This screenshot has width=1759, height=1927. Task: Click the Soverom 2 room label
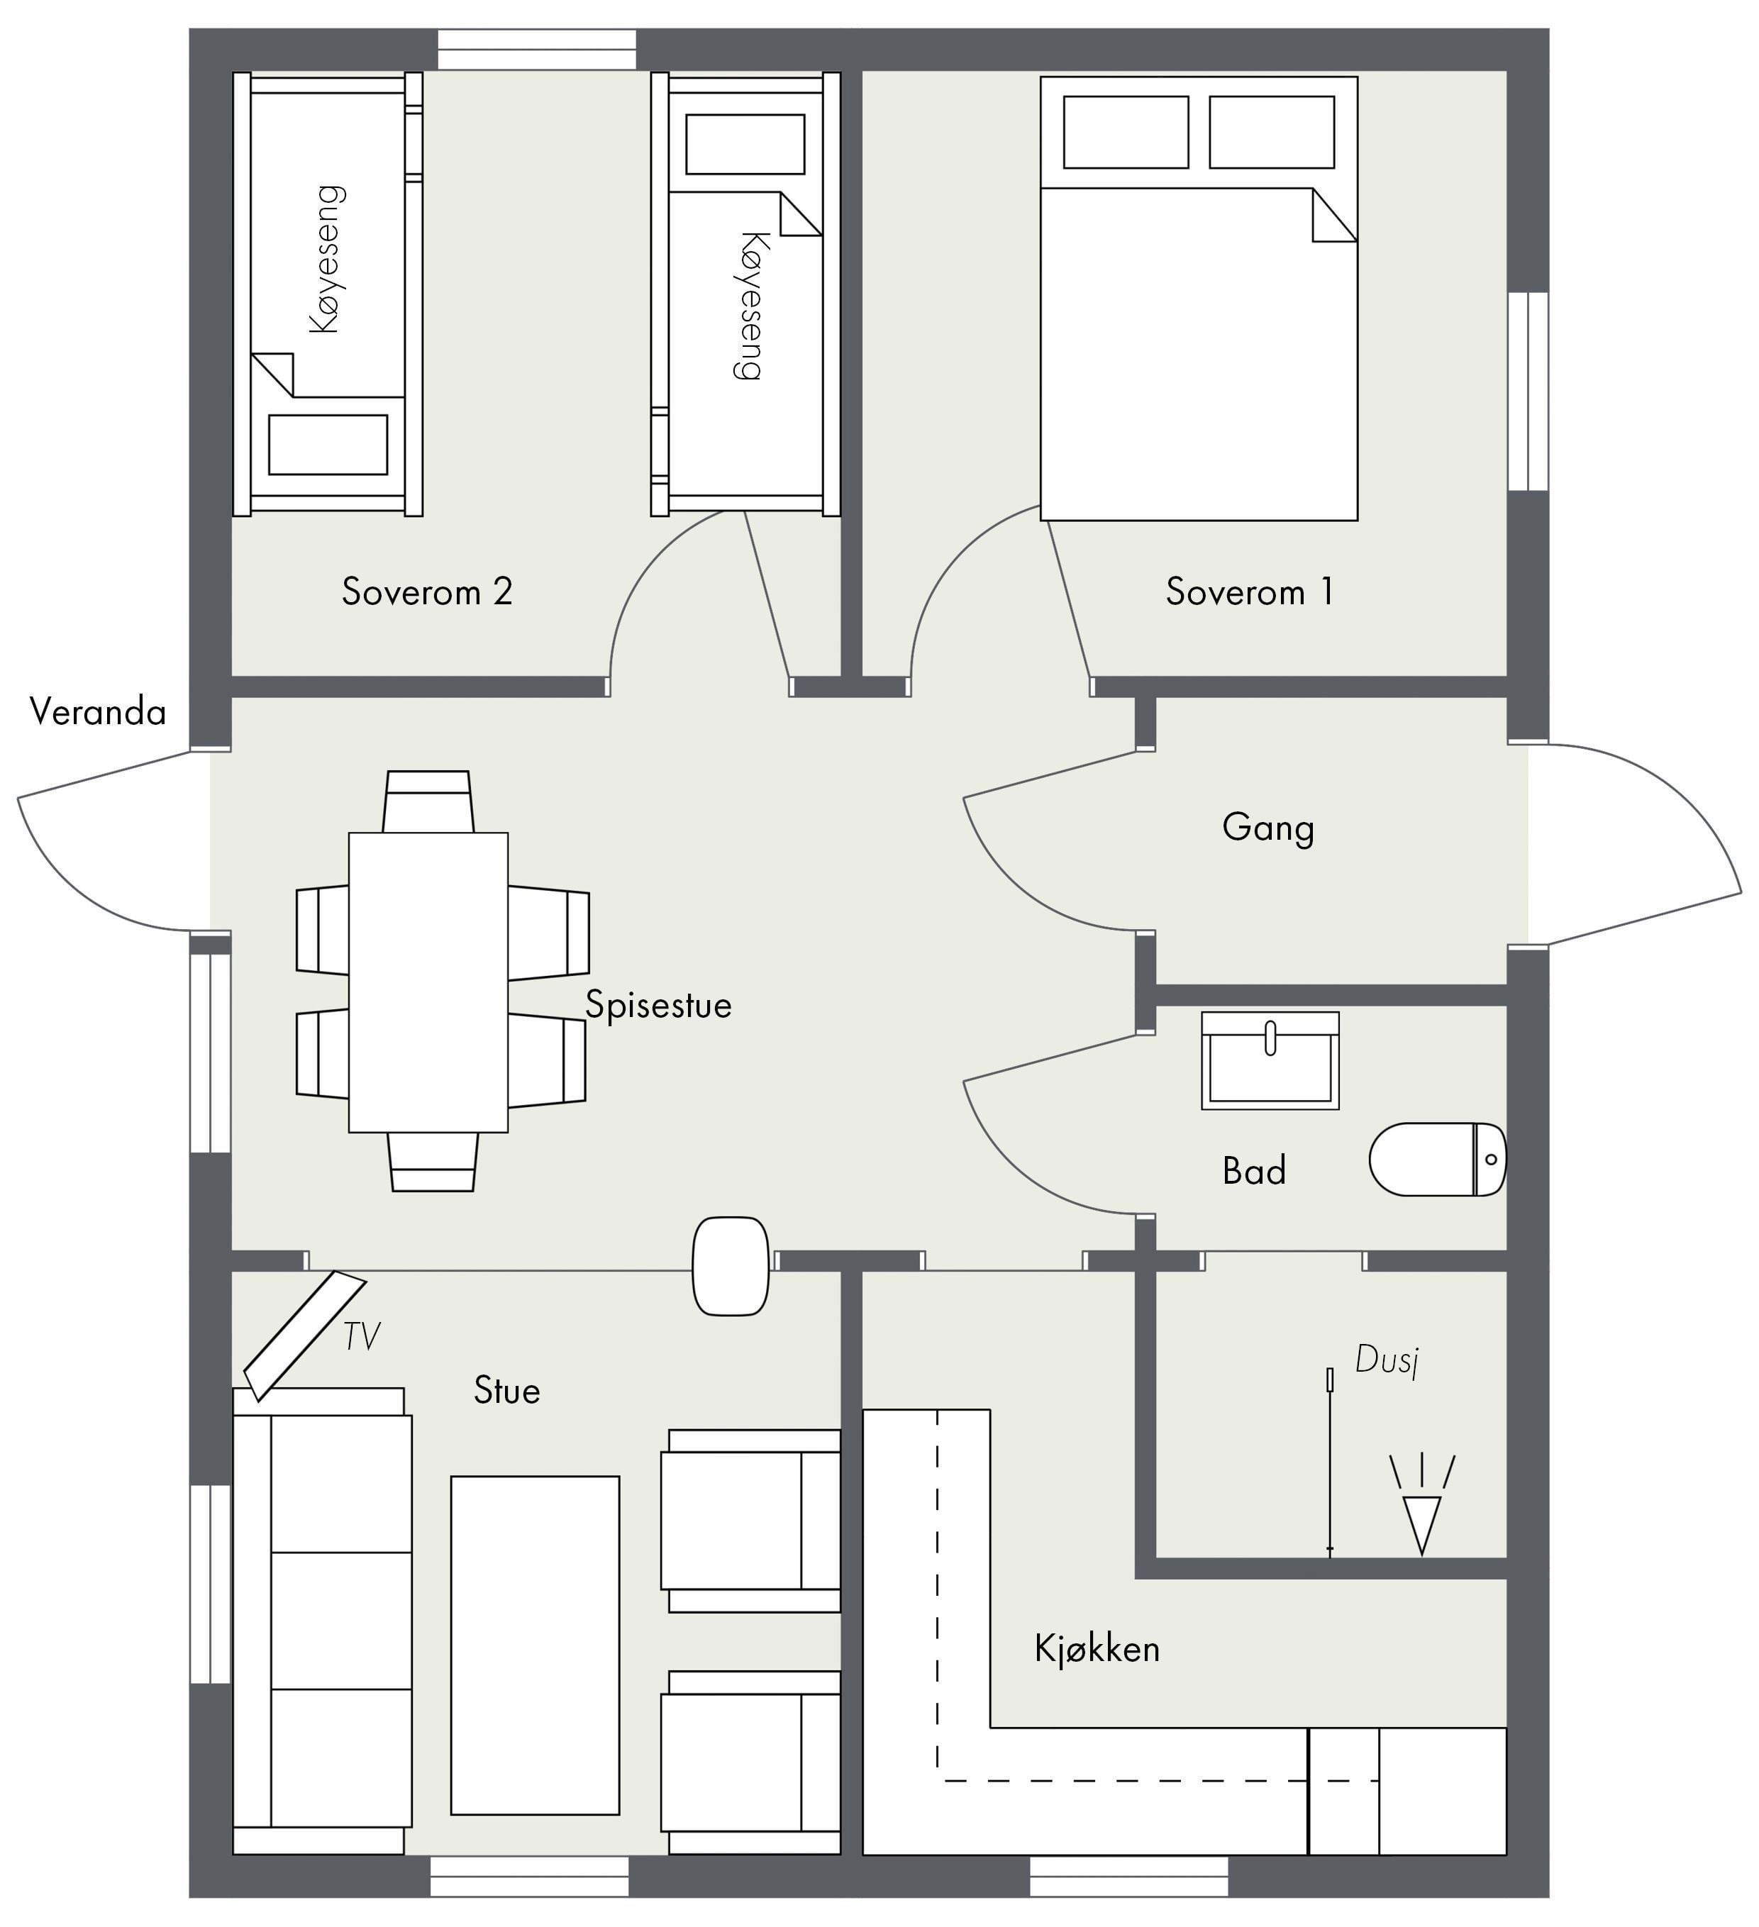point(427,592)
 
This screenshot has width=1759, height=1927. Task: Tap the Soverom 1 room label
point(1250,592)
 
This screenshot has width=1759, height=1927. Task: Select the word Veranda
point(97,712)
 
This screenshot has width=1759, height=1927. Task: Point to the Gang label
point(1267,828)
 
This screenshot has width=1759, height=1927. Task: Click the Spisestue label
point(659,1004)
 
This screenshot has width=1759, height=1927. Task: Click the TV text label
point(361,1336)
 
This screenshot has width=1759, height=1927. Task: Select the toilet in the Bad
point(1438,1160)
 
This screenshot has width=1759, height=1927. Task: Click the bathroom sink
point(1270,1061)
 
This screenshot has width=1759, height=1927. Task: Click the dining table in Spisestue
point(428,982)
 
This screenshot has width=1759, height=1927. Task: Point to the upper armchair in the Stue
point(750,1521)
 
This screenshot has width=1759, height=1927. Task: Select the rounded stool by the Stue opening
point(731,1265)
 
